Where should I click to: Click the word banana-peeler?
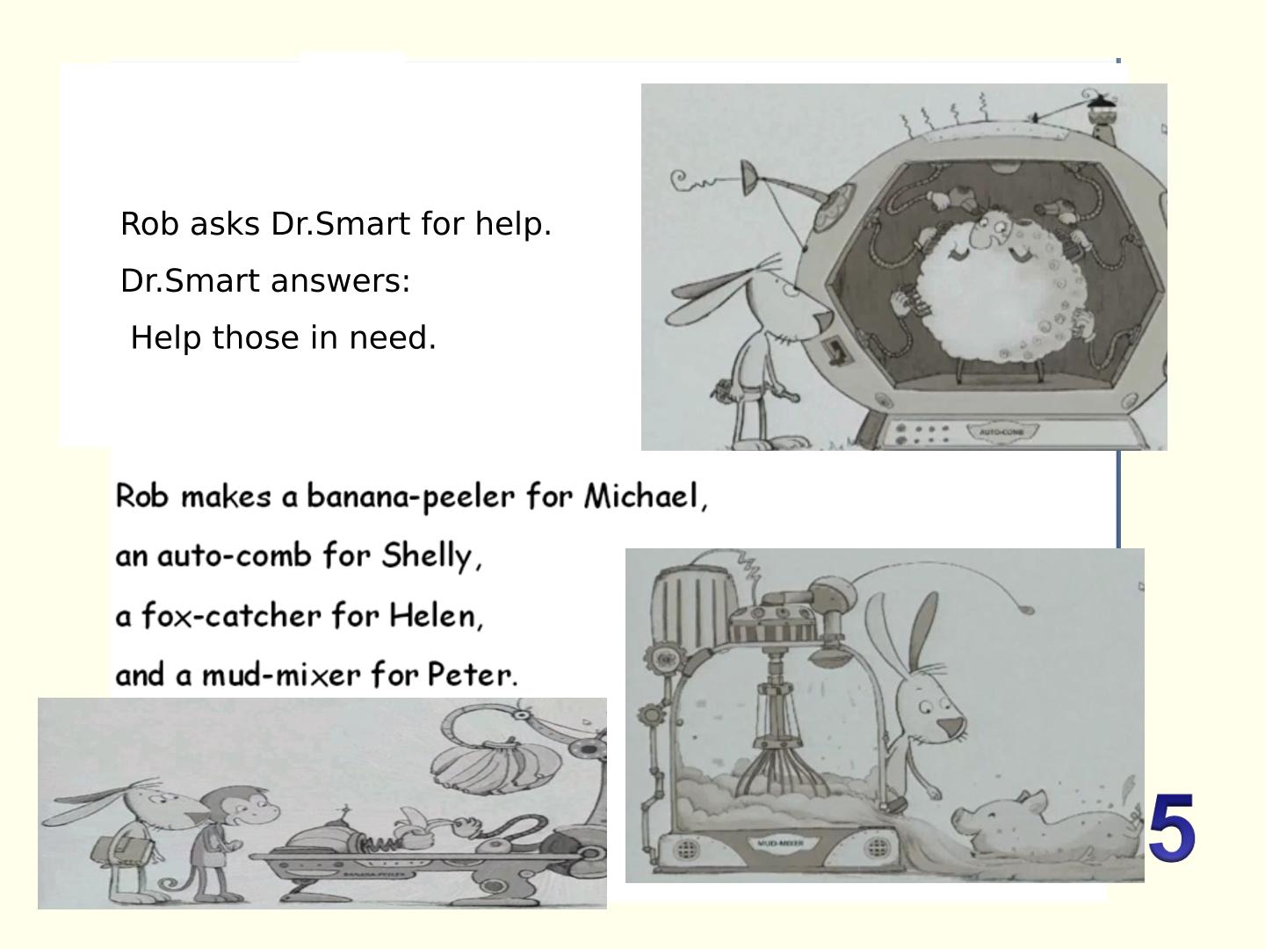(410, 496)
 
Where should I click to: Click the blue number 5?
(1172, 828)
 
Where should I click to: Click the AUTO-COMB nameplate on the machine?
(1001, 431)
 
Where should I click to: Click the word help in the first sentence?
(513, 223)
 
